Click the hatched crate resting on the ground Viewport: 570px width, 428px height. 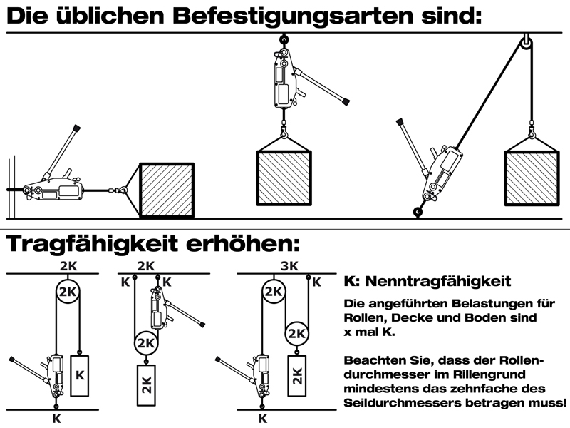point(166,189)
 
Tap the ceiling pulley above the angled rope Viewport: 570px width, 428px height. point(525,44)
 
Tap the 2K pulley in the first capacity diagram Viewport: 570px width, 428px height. point(66,292)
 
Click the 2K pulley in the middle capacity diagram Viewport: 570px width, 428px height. point(145,344)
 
